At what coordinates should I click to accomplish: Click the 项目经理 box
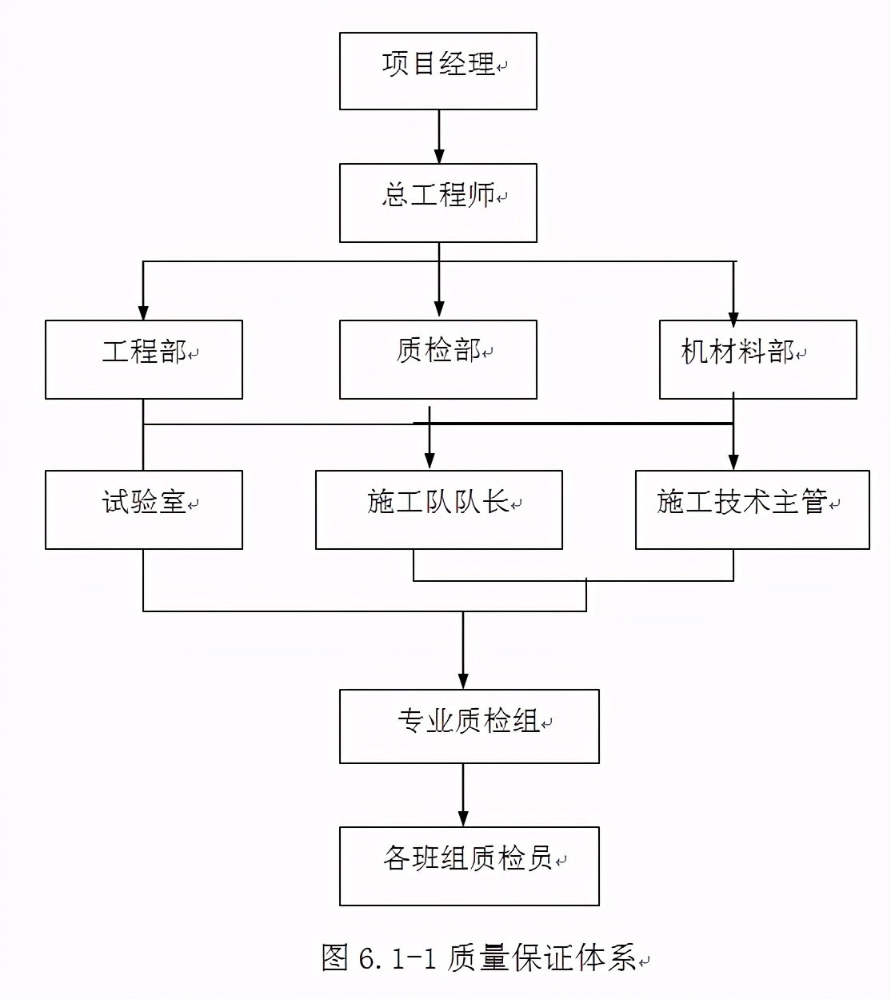pos(438,71)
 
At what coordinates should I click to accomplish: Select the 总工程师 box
pos(438,203)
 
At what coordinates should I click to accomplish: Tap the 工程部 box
pos(144,360)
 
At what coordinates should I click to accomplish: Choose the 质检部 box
pos(438,360)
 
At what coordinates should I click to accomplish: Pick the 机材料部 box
pos(757,360)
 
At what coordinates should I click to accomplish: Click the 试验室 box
pos(144,510)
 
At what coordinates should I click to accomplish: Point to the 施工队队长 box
pos(438,510)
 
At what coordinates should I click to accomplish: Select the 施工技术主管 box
pos(752,510)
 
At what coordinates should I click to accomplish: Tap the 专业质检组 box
pos(469,726)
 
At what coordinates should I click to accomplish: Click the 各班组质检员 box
pos(469,866)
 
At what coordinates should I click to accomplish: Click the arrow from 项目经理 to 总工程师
pos(438,137)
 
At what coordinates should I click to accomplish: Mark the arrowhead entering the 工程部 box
pos(143,312)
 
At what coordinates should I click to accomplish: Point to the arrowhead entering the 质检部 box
pos(438,309)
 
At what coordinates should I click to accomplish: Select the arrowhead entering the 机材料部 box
pos(733,317)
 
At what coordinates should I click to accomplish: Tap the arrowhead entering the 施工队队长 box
pos(430,461)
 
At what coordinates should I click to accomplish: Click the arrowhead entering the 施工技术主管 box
pos(733,462)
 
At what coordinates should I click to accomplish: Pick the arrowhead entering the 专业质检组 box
pos(463,681)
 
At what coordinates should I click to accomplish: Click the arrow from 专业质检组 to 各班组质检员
pos(463,795)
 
